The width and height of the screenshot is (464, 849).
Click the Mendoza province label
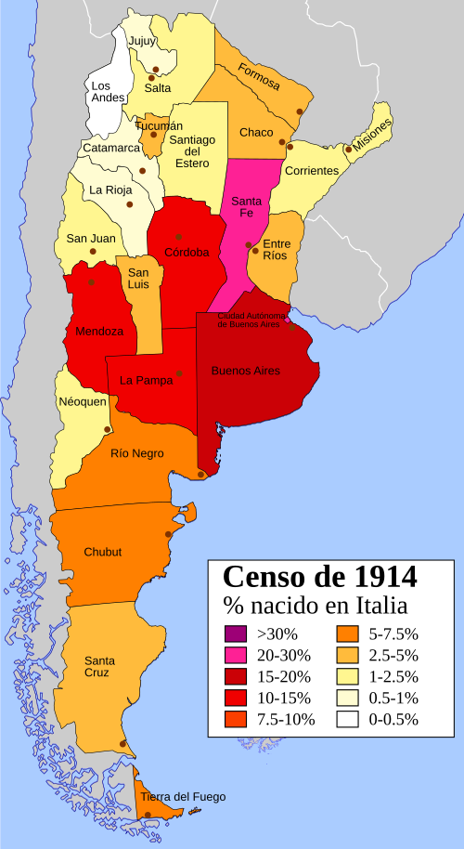(x=98, y=331)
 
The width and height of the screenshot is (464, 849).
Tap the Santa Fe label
(x=246, y=207)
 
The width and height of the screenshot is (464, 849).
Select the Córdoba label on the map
(x=187, y=252)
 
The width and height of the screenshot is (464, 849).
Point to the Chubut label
(x=102, y=552)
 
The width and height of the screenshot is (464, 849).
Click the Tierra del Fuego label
(x=183, y=797)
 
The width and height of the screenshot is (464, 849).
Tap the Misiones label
(x=372, y=135)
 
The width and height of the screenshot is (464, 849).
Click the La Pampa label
(x=147, y=380)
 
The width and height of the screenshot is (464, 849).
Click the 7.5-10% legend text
(x=286, y=719)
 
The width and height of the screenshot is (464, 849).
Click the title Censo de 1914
(x=319, y=576)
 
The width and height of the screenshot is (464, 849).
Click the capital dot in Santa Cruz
(x=123, y=743)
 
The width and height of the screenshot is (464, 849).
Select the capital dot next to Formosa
(x=300, y=111)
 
